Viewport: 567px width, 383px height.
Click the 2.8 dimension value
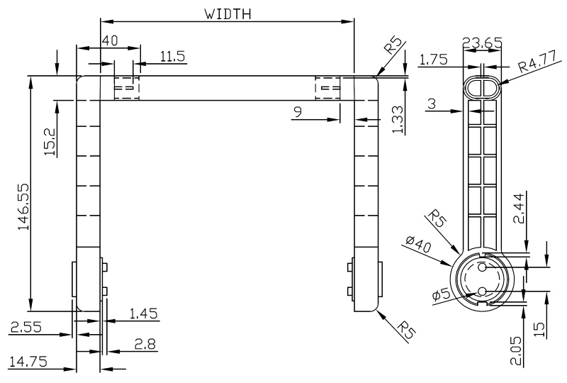pos(145,344)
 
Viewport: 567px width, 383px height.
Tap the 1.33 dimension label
pos(400,119)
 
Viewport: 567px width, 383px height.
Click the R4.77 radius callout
pos(537,67)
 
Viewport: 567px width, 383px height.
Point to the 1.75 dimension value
pos(433,60)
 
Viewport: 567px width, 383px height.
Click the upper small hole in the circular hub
pos(482,267)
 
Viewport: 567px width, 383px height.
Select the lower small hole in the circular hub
pos(482,290)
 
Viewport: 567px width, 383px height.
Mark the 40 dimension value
pos(109,41)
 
